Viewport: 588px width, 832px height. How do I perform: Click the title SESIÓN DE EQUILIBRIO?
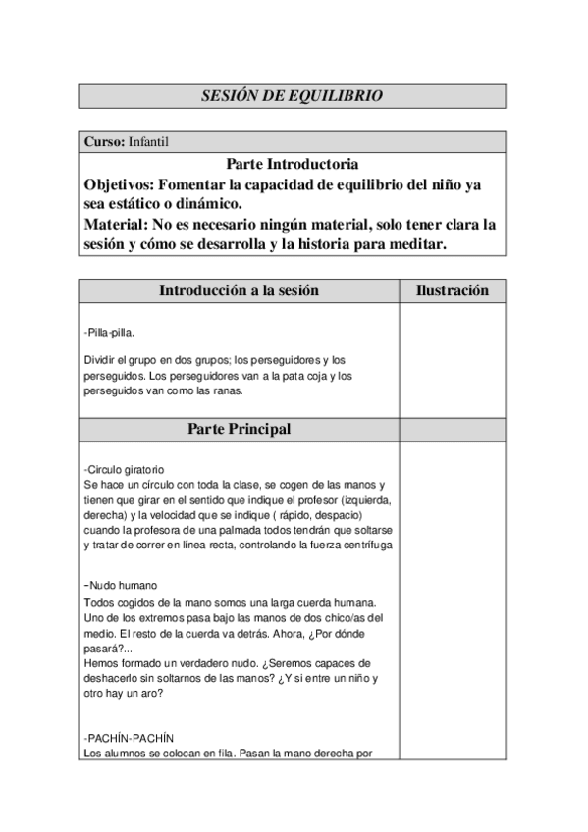pyautogui.click(x=292, y=96)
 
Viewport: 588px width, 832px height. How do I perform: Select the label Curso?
pyautogui.click(x=105, y=142)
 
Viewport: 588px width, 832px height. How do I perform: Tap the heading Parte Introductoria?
pyautogui.click(x=292, y=164)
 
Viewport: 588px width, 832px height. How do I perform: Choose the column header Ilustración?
pyautogui.click(x=452, y=290)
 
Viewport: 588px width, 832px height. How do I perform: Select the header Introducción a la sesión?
pyautogui.click(x=239, y=290)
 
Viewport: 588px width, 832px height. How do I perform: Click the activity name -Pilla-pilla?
pyautogui.click(x=110, y=332)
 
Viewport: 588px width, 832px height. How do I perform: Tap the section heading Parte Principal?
pyautogui.click(x=239, y=429)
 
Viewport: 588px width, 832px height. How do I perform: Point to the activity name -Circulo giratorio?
pyautogui.click(x=125, y=469)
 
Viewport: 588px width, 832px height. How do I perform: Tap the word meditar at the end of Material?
pyautogui.click(x=417, y=244)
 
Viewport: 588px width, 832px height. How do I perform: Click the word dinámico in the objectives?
pyautogui.click(x=206, y=204)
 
